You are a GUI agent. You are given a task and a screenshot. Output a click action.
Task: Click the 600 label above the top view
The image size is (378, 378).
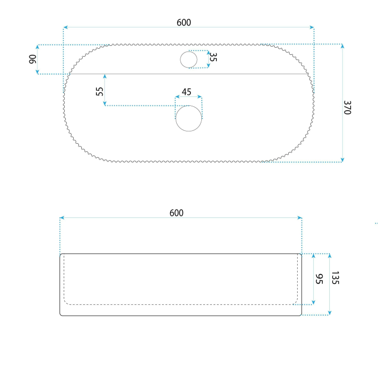pos(184,23)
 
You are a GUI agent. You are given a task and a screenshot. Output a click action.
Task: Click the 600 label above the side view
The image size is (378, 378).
pos(176,213)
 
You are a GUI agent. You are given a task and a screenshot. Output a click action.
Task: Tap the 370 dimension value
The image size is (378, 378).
pos(347,108)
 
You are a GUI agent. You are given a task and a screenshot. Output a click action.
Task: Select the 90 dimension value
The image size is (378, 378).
pos(33,60)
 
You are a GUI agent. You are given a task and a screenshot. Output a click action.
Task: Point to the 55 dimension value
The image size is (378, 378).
pos(100,91)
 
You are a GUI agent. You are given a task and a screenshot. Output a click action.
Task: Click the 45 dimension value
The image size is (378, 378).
pos(186,92)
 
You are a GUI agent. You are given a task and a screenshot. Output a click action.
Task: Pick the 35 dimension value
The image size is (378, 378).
pos(214,57)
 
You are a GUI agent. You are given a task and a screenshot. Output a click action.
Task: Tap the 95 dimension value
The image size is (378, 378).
pos(319,279)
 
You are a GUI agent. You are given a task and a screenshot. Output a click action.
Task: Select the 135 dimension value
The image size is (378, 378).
pos(335,278)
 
